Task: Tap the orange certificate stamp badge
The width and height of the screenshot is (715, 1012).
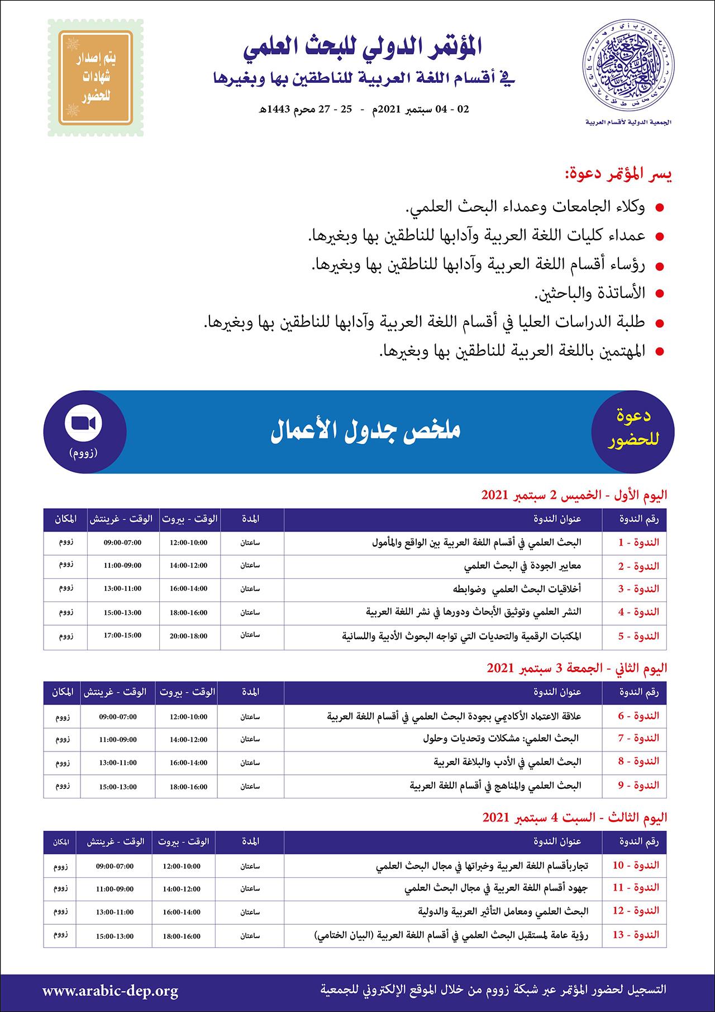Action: (x=96, y=78)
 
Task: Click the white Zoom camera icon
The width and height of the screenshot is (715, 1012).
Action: (x=84, y=423)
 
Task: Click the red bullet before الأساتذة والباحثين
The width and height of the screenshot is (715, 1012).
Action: (x=659, y=293)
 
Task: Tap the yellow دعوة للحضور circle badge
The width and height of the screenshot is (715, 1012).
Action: (x=632, y=432)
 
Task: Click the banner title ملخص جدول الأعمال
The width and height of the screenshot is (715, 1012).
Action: (x=365, y=431)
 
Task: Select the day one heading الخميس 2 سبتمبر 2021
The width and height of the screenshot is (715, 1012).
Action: (x=574, y=495)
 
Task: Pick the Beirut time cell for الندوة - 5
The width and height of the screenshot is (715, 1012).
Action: (x=188, y=636)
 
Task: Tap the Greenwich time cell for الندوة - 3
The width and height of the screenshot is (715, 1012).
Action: (x=122, y=589)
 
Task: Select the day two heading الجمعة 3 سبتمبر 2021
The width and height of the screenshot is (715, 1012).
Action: (x=577, y=668)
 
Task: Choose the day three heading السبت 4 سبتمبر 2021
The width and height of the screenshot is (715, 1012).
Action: (x=575, y=817)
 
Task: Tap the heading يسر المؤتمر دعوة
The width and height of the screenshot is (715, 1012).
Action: (x=617, y=174)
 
